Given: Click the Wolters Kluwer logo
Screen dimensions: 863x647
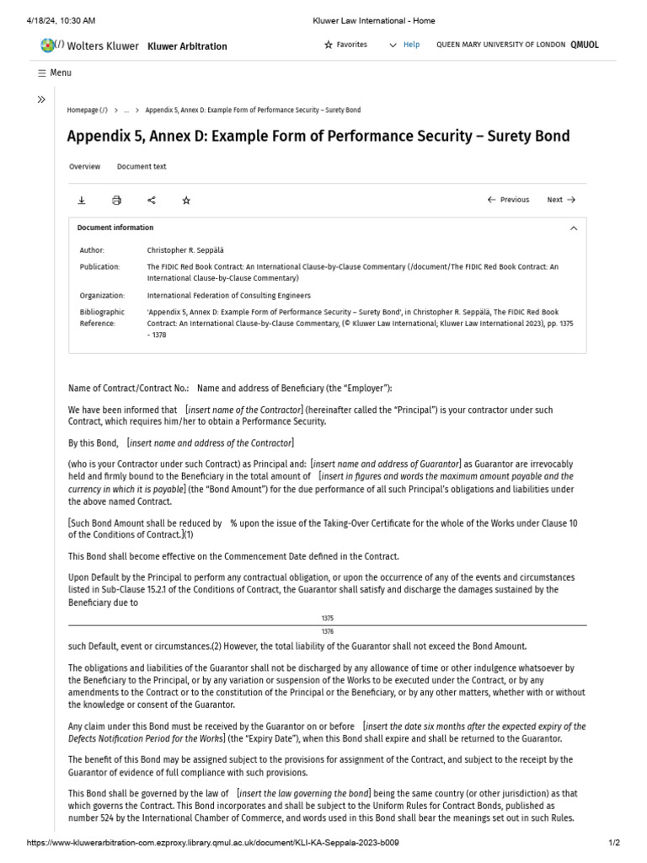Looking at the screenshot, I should tap(88, 46).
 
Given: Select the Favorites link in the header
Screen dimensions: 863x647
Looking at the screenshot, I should tap(345, 45).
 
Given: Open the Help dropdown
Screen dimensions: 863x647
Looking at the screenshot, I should tap(404, 45).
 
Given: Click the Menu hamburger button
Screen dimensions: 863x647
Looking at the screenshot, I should tap(55, 72).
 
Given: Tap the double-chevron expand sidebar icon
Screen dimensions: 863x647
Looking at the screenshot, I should tap(41, 99).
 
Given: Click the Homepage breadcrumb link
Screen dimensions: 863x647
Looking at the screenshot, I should tap(87, 110).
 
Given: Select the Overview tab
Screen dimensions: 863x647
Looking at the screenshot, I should tap(84, 167).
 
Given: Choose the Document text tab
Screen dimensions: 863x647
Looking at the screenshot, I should tap(142, 167).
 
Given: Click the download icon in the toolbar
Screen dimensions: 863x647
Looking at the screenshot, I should tap(82, 200).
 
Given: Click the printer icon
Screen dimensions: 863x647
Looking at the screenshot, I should tap(116, 200).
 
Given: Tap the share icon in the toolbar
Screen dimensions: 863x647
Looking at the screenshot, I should tap(152, 200).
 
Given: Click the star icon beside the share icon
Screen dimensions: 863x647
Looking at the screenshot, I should tap(186, 200).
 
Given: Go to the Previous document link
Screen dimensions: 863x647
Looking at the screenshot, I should tap(509, 200).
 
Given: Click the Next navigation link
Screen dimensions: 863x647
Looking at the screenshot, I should tap(561, 200).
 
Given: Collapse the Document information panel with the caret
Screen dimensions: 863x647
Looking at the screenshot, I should tap(574, 228).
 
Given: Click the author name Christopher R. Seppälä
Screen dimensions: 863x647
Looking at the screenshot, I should tap(185, 250).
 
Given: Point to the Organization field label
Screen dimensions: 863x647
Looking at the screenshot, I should tap(102, 296).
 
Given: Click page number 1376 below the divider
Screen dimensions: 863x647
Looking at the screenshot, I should tap(328, 630).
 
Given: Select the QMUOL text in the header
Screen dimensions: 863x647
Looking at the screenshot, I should tap(585, 45).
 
